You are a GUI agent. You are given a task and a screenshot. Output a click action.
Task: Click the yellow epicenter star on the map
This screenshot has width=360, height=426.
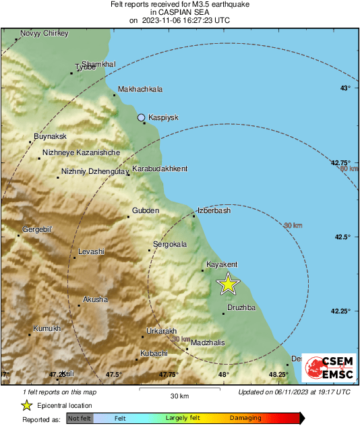pyautogui.click(x=228, y=284)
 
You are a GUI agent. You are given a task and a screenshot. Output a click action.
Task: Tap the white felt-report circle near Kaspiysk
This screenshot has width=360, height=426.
pyautogui.click(x=142, y=117)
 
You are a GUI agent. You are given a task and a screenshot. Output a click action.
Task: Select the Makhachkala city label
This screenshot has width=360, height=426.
pyautogui.click(x=140, y=89)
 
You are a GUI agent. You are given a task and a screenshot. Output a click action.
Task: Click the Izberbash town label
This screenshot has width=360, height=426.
pyautogui.click(x=214, y=210)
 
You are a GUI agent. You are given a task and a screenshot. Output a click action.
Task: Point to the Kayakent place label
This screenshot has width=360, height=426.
pyautogui.click(x=222, y=265)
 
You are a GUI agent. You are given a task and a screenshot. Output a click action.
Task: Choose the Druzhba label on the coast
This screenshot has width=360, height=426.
pyautogui.click(x=241, y=307)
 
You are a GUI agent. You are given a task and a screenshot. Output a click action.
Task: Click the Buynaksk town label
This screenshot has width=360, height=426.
pyautogui.click(x=50, y=138)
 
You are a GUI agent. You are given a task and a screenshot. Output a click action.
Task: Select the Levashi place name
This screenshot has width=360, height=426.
pyautogui.click(x=92, y=251)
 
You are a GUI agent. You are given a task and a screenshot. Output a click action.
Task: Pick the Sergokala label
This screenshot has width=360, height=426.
pyautogui.click(x=170, y=244)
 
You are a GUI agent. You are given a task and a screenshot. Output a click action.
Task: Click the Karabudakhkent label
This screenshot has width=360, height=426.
pyautogui.click(x=160, y=169)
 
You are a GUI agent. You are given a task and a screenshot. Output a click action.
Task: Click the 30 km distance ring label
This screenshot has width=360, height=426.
pyautogui.click(x=293, y=225)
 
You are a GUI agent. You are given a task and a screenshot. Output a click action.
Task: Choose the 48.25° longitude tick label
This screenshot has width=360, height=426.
pyautogui.click(x=278, y=374)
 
